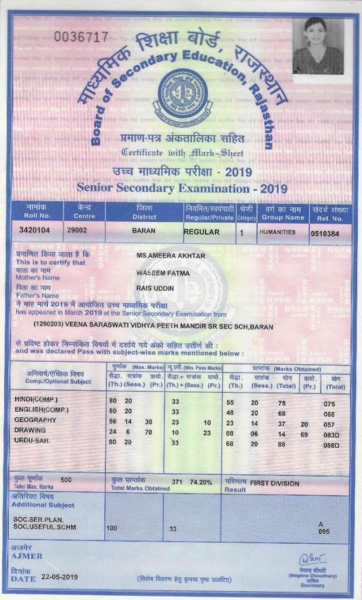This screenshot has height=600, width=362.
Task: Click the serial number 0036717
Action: pyautogui.click(x=81, y=37)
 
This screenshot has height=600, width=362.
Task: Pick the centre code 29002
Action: pyautogui.click(x=77, y=231)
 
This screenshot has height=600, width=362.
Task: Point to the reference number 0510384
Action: pyautogui.click(x=325, y=233)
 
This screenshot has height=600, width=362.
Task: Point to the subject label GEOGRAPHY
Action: pyautogui.click(x=35, y=420)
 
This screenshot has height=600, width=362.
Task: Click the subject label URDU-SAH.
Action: pyautogui.click(x=33, y=440)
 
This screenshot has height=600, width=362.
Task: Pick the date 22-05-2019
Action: pyautogui.click(x=60, y=576)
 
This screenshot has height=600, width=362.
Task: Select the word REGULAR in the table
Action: pyautogui.click(x=201, y=232)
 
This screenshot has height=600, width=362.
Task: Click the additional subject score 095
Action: pyautogui.click(x=323, y=531)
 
